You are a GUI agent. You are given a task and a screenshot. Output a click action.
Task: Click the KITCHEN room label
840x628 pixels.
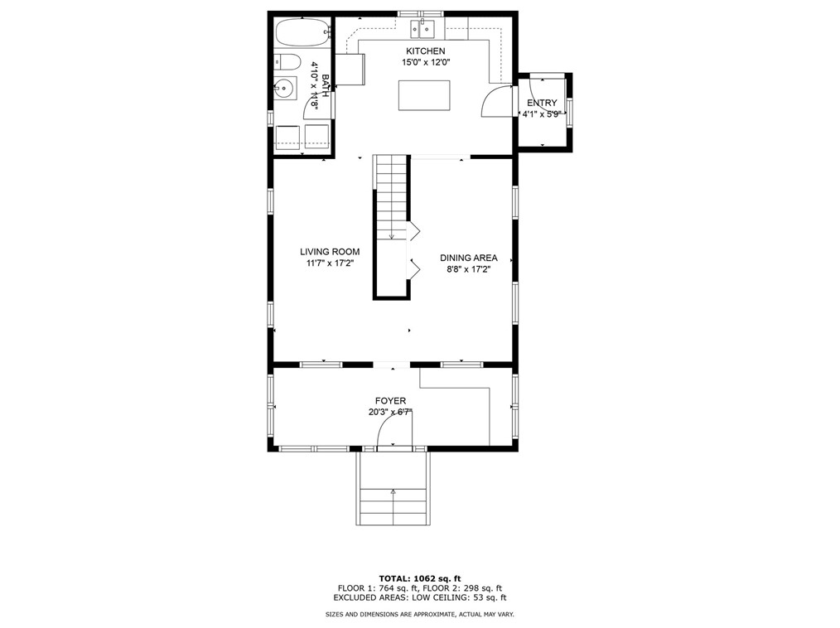[419, 51]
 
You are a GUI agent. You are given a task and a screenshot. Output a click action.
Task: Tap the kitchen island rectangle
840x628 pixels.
[424, 95]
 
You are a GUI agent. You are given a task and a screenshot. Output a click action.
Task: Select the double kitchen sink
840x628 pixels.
[423, 31]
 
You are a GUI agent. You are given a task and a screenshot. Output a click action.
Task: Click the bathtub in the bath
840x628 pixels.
[300, 34]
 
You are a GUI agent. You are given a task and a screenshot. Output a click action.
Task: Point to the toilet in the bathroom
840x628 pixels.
[287, 61]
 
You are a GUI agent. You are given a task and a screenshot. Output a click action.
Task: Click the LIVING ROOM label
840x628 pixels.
[330, 252]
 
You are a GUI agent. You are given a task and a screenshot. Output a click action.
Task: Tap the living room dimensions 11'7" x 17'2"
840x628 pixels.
[330, 264]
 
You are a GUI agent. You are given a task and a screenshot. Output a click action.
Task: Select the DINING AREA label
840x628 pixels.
[468, 258]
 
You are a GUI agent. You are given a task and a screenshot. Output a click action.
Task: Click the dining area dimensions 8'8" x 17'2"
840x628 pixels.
[468, 269]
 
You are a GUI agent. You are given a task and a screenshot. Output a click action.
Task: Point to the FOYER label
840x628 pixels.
[390, 401]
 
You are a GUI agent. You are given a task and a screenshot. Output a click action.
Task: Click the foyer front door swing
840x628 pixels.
[393, 431]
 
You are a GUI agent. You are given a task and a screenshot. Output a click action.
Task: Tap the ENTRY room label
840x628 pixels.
[542, 104]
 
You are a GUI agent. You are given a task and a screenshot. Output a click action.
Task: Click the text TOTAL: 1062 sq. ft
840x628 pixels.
[419, 577]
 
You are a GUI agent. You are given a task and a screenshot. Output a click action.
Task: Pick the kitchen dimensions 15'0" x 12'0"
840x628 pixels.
[419, 62]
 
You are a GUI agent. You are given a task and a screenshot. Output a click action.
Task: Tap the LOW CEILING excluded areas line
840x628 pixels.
[419, 597]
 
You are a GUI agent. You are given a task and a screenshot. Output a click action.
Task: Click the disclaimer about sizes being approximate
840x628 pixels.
[419, 615]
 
